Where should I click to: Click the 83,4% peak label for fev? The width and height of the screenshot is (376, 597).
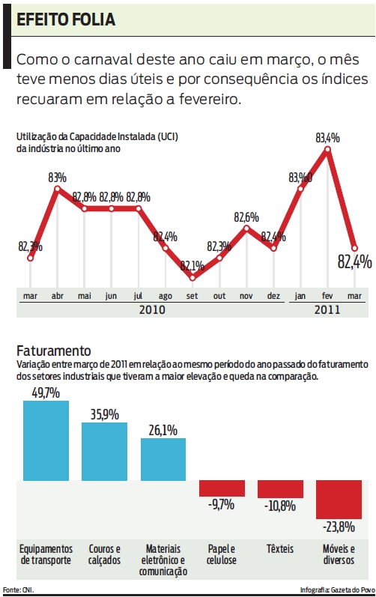click(x=327, y=138)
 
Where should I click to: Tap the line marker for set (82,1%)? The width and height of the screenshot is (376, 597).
click(x=192, y=278)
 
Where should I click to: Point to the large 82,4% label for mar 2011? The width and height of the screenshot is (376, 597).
click(x=354, y=261)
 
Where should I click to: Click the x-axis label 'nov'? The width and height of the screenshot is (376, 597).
click(x=246, y=296)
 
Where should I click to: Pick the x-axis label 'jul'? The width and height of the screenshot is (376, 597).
click(x=138, y=296)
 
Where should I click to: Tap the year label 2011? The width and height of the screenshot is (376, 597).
click(x=327, y=309)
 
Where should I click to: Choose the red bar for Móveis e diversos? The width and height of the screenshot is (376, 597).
click(x=339, y=500)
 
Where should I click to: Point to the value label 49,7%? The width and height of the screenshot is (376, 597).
click(x=46, y=393)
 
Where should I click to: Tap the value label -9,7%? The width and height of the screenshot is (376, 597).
click(x=222, y=505)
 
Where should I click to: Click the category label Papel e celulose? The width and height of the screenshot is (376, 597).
click(x=222, y=554)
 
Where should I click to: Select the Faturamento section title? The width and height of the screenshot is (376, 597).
click(x=53, y=351)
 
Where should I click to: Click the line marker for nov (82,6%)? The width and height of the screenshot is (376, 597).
click(x=246, y=228)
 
